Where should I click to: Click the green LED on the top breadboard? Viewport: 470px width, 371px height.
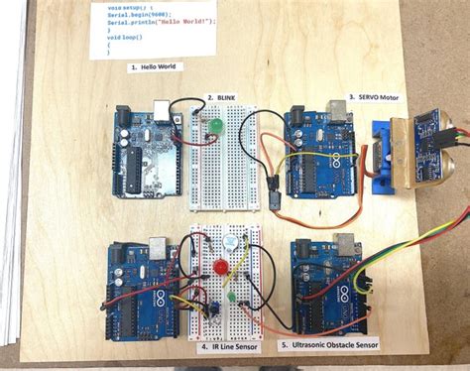point(215,126)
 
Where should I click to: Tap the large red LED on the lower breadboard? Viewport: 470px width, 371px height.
point(222,268)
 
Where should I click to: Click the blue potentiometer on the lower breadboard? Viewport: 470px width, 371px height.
point(210,307)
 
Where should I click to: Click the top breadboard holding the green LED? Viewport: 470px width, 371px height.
point(220,164)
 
